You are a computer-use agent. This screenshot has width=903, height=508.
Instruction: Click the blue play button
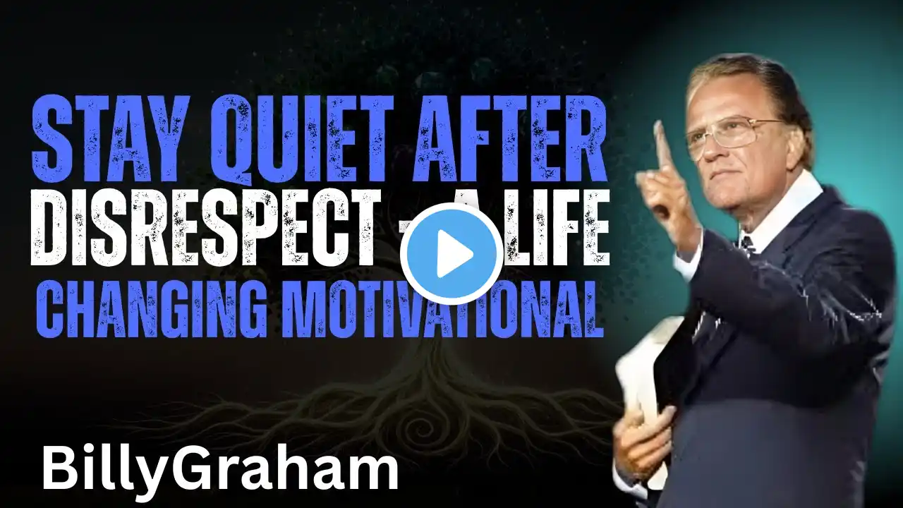(x=451, y=253)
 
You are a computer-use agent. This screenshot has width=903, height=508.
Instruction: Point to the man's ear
(x=800, y=139)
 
